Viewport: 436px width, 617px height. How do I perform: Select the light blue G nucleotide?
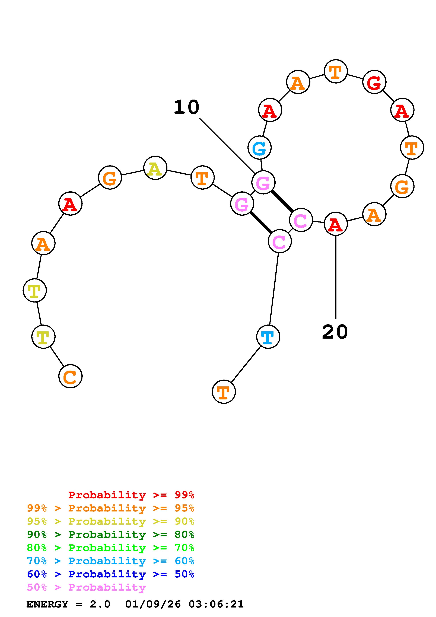pyautogui.click(x=259, y=148)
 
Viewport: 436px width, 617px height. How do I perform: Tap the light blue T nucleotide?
pyautogui.click(x=268, y=337)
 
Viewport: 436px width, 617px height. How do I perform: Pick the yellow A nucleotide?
pyautogui.click(x=155, y=168)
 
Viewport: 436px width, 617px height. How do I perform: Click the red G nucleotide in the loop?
pyautogui.click(x=374, y=82)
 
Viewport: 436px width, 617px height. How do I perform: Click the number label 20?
pyautogui.click(x=335, y=332)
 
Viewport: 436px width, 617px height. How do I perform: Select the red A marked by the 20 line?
pyautogui.click(x=336, y=224)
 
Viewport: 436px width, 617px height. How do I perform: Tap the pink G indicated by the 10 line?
pyautogui.click(x=263, y=182)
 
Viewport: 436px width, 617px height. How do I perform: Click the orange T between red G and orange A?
pyautogui.click(x=336, y=71)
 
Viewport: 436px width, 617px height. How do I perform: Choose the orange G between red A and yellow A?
pyautogui.click(x=110, y=178)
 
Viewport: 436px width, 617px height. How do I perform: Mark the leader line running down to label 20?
pyautogui.click(x=336, y=277)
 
